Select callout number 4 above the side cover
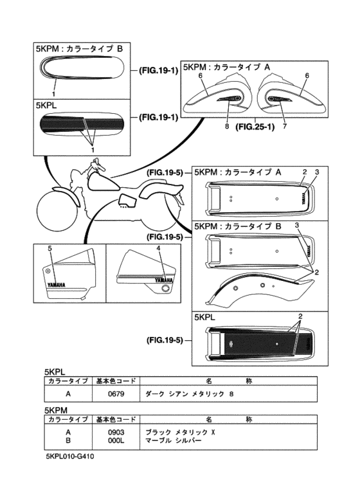click(158, 248)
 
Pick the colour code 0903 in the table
click(117, 433)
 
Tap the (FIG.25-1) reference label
click(255, 127)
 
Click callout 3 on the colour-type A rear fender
click(316, 172)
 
